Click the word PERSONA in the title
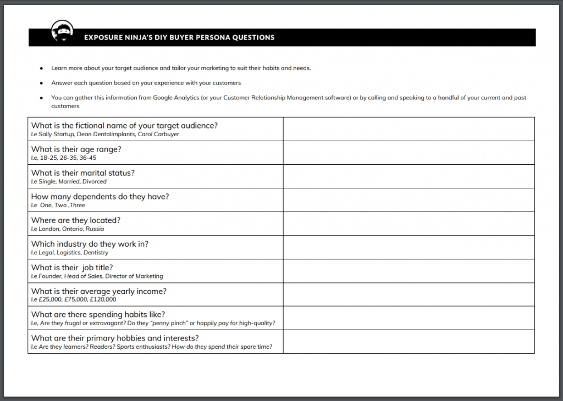point(209,38)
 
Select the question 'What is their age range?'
point(76,149)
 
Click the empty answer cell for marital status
point(409,176)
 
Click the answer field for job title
point(409,271)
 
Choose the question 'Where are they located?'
point(76,220)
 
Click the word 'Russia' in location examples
point(95,229)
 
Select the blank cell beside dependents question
point(409,200)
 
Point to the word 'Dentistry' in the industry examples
point(96,253)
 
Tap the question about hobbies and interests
point(115,338)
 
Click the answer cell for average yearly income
point(409,294)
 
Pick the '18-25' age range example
point(48,158)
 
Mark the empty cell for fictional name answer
point(409,129)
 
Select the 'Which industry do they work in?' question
point(90,244)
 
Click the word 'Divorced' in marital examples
point(95,181)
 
